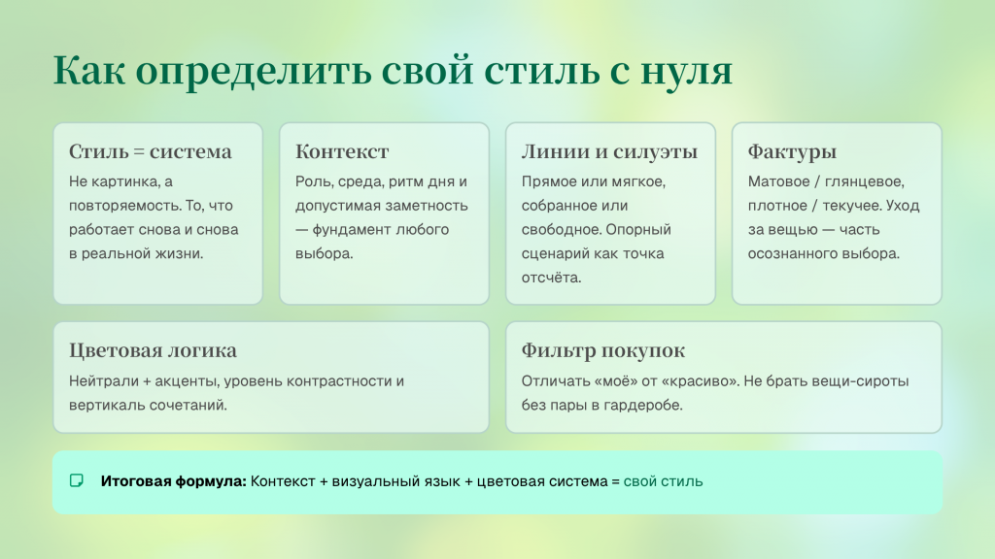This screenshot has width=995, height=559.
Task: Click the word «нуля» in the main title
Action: [x=687, y=71]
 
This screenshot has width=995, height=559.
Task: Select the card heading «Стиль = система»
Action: [x=151, y=151]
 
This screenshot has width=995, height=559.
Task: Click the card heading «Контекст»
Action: [x=342, y=151]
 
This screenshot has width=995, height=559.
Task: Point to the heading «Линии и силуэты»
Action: [x=609, y=151]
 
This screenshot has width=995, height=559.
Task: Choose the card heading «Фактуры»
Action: [x=792, y=152]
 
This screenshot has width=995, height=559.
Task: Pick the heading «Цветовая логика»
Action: [x=153, y=349]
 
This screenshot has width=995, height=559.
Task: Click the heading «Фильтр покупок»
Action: [x=602, y=350]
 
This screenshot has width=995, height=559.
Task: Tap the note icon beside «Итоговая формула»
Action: [x=77, y=481]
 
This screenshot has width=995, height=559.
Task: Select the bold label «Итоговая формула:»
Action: [x=173, y=481]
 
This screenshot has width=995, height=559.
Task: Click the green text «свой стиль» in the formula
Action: [x=663, y=481]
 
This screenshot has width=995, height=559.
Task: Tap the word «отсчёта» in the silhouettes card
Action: [x=550, y=278]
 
